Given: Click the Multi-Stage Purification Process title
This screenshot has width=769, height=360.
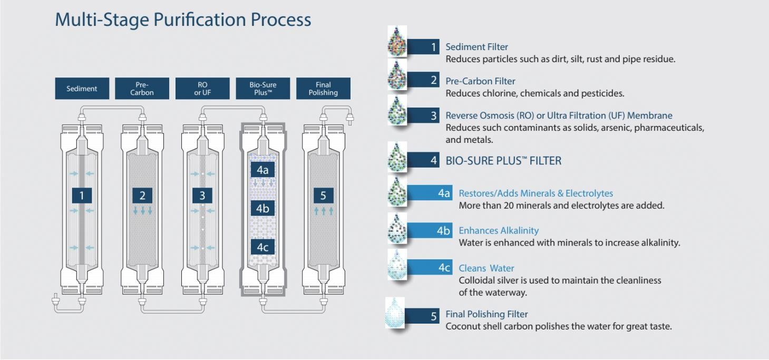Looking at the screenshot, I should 183,20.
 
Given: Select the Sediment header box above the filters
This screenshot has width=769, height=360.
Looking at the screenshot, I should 82,89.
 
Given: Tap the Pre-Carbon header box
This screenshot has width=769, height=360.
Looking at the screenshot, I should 142,89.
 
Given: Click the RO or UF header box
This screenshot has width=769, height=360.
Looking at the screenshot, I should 202,89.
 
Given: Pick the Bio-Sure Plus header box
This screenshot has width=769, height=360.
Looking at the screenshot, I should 262,89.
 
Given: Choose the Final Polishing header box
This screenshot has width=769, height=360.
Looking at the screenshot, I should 323,89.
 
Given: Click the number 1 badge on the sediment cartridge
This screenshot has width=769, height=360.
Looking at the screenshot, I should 82,196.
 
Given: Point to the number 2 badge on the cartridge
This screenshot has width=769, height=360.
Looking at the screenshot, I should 142,196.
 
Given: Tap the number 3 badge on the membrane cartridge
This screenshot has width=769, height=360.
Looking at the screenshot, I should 202,196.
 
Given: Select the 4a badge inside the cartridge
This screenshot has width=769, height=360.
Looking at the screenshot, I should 262,170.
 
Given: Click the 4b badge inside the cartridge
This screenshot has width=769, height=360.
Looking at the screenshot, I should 262,209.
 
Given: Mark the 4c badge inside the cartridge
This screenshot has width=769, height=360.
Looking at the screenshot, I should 262,247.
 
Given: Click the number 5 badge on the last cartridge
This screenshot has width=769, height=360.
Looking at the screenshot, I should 323,196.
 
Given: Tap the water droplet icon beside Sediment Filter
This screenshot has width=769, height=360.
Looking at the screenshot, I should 396,41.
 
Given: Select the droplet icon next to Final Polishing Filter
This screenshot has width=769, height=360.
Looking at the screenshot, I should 395,313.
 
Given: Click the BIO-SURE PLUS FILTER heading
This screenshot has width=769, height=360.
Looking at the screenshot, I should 503,161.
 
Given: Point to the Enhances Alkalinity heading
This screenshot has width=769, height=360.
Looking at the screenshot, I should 499,230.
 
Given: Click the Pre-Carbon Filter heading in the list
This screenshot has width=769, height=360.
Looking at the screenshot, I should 480,81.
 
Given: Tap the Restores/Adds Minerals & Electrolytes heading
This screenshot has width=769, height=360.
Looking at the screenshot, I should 536,193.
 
